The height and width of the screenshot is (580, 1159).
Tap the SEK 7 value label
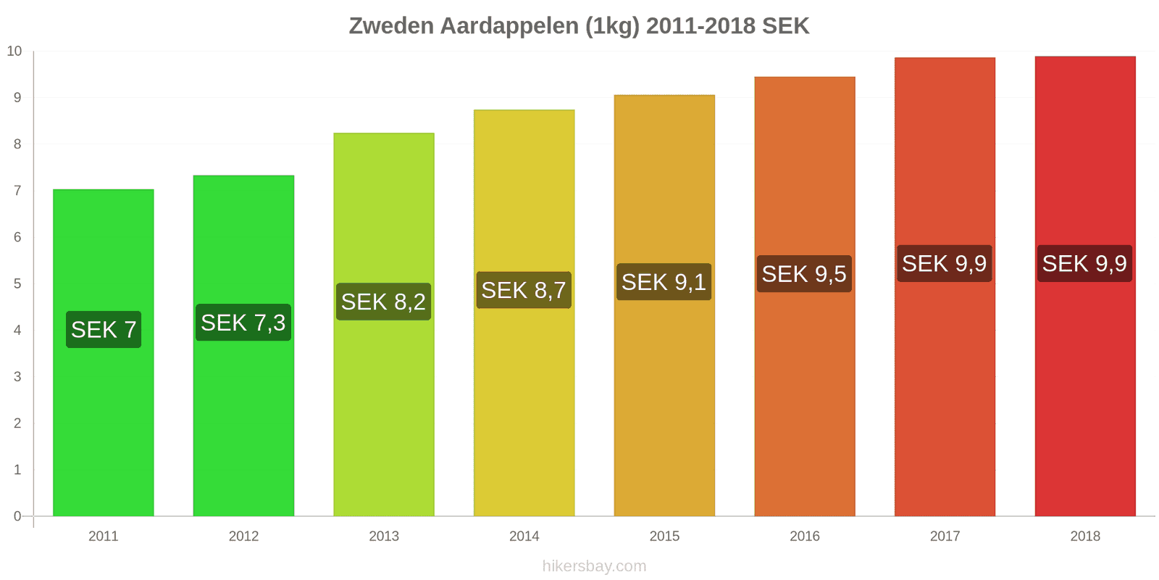point(104,330)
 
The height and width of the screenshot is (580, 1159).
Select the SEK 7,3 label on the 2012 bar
point(243,323)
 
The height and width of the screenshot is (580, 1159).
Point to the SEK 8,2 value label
point(383,302)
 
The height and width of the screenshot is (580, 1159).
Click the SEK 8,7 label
point(524,290)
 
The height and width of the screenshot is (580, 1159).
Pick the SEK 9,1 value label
point(664,282)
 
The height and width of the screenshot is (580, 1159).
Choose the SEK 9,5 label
point(804,274)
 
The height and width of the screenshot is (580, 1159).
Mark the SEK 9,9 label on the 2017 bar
point(944,264)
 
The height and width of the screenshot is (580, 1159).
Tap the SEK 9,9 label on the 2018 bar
point(1084,264)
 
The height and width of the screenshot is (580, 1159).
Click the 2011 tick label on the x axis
point(104,536)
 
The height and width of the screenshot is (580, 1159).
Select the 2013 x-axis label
point(384,536)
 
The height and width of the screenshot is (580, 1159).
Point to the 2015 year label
point(664,536)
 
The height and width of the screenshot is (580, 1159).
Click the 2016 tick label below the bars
point(805,536)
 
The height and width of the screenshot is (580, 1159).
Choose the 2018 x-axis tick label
point(1085,536)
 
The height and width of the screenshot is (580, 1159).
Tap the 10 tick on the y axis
point(14,51)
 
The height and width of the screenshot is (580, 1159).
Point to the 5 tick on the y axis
point(17,284)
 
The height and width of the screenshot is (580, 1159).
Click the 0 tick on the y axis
point(17,517)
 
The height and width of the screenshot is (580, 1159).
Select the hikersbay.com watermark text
point(594,566)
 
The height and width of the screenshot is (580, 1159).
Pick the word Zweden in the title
point(391,26)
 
